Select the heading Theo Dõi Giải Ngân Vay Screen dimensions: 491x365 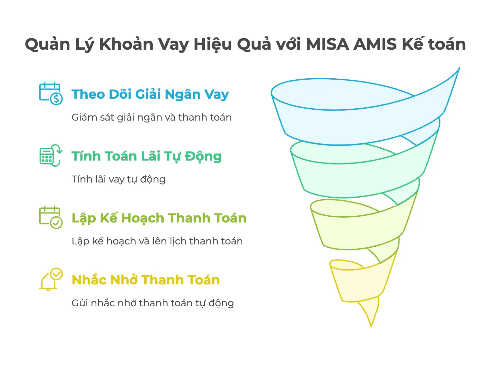[x=150, y=94]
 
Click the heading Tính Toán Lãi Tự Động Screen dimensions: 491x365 [x=147, y=156]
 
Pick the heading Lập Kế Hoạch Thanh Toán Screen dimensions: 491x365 [x=159, y=218]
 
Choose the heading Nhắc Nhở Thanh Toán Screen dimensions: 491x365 [x=146, y=280]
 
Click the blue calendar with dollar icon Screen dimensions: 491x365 [x=51, y=94]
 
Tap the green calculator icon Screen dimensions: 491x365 [x=51, y=155]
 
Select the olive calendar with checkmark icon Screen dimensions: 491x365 [x=51, y=217]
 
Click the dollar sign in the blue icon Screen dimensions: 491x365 [x=56, y=99]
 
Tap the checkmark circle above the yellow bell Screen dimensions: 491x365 [x=56, y=274]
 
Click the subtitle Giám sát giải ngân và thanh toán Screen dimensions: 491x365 [x=152, y=118]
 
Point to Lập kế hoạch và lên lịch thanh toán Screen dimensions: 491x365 [x=157, y=241]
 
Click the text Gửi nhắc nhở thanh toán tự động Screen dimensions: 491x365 [x=153, y=303]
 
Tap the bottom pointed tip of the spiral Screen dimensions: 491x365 [x=371, y=327]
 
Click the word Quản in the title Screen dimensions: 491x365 [x=48, y=44]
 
